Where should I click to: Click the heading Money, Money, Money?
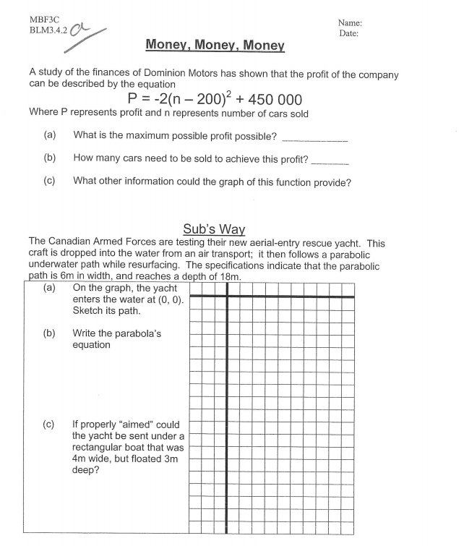click(x=215, y=45)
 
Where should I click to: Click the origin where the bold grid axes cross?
click(x=228, y=297)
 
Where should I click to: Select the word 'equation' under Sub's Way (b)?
click(x=92, y=345)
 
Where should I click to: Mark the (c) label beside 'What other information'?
click(x=50, y=182)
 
